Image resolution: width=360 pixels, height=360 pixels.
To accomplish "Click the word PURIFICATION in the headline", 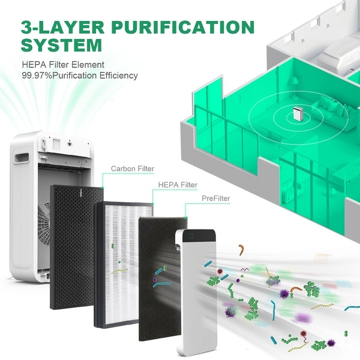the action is [183, 27].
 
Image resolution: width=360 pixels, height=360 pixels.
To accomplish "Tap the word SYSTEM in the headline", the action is [62, 45].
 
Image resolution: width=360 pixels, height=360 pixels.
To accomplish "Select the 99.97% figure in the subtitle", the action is [37, 76].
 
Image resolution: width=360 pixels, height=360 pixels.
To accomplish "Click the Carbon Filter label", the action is [133, 169].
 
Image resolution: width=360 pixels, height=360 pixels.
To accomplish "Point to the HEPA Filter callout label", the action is [178, 185].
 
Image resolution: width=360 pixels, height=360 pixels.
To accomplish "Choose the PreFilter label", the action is [215, 199].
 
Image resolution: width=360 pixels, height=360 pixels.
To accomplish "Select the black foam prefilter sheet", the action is [161, 279].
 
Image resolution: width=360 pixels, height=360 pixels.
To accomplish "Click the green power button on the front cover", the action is [192, 236].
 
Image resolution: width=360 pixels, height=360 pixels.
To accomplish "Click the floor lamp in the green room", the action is [295, 88].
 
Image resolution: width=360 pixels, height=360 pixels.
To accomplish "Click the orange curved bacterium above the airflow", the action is [241, 250].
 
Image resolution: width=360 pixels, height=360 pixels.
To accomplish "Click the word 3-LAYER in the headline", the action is [62, 27].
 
